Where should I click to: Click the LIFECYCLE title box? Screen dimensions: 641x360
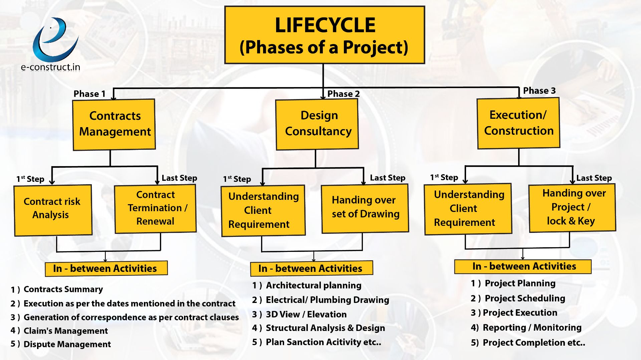pos(325,35)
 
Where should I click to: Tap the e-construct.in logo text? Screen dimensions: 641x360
pos(50,67)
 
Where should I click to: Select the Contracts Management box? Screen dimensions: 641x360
pos(114,124)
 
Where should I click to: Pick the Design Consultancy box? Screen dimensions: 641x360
pos(317,124)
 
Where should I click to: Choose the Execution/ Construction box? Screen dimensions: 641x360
pos(518,123)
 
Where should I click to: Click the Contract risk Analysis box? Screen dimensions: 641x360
pos(53,210)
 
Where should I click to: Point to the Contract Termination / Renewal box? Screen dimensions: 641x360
pos(155,209)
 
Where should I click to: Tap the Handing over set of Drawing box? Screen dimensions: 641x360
pos(365,209)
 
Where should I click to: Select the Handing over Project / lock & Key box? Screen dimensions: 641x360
pos(572,208)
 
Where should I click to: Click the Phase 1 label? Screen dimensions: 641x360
pos(89,94)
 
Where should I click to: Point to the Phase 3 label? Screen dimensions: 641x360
pos(539,91)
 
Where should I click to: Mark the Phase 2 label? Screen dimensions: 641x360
pos(344,94)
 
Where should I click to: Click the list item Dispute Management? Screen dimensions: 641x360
pos(60,344)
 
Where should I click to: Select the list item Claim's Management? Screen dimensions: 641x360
pos(59,331)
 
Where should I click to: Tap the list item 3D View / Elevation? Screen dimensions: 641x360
pos(299,314)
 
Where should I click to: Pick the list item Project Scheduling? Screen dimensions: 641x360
pos(518,298)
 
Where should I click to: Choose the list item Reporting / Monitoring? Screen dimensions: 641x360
pos(526,328)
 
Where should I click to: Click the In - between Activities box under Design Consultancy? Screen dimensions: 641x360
pos(311,268)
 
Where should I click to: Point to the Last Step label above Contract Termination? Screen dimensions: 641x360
pos(179,178)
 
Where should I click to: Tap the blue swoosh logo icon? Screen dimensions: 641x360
pos(55,39)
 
